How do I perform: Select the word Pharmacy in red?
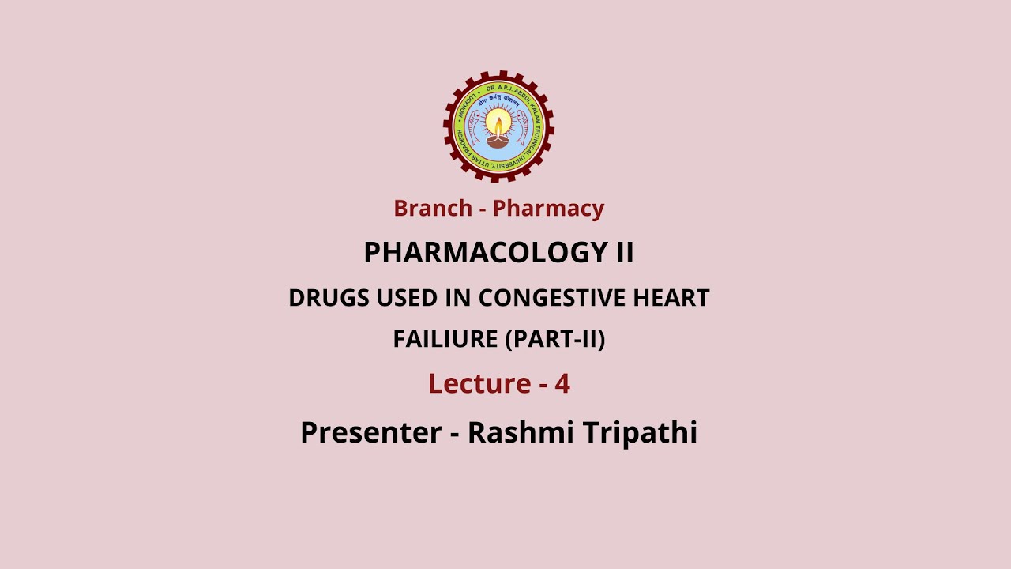point(548,209)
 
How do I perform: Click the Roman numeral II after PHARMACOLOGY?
point(624,253)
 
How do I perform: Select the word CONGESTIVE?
point(541,298)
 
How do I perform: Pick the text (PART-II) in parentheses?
point(555,339)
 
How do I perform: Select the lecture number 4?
point(562,383)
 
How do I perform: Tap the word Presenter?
point(370,432)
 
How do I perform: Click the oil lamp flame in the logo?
point(498,122)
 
